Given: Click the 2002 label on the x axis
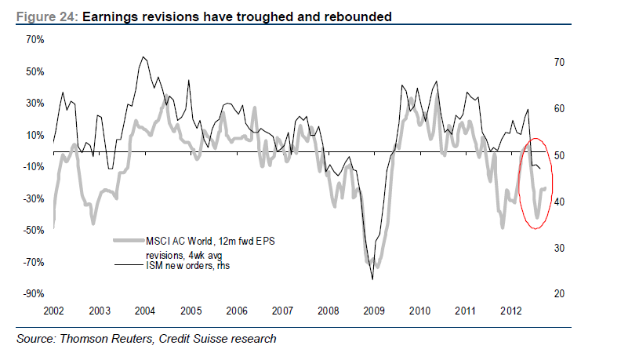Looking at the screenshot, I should [53, 311].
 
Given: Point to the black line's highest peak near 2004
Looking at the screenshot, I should [143, 57].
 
